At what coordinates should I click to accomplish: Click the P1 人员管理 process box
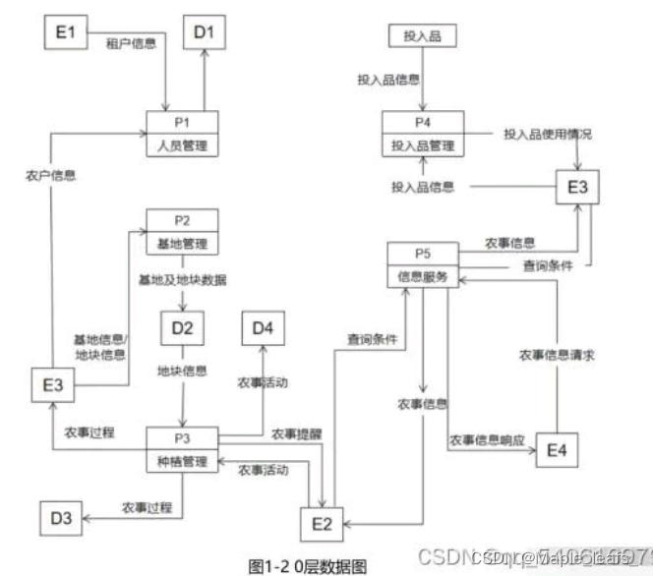(183, 134)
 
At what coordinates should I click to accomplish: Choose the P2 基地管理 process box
(183, 232)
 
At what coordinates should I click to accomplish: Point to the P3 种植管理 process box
(182, 449)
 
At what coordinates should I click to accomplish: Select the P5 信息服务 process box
(424, 264)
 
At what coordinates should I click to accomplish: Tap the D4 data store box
(263, 326)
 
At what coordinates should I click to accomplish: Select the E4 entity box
(556, 450)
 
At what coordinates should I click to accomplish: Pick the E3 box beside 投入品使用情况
(575, 188)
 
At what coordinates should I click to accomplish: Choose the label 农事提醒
(295, 433)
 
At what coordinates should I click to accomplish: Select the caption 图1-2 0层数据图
(308, 564)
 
